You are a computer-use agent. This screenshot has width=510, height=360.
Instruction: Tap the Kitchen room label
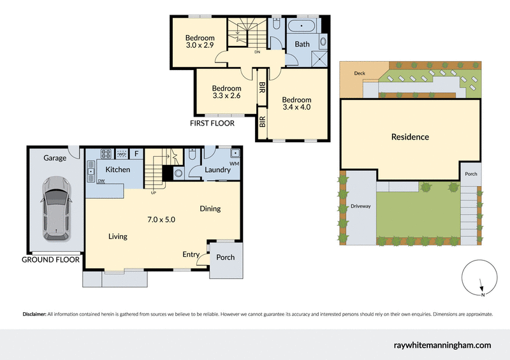[117, 169]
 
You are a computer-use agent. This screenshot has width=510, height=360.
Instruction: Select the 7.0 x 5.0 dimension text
[161, 220]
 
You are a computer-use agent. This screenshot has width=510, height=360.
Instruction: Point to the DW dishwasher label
[101, 182]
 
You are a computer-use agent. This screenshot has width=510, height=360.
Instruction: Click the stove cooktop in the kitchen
[105, 154]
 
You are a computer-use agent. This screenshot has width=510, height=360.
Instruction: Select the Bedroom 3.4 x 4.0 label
[296, 103]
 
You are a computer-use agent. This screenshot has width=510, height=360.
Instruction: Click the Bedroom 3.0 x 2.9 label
[200, 42]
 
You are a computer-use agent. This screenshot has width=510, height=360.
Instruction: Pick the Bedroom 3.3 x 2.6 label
[226, 92]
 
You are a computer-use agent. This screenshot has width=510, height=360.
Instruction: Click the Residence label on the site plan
[410, 137]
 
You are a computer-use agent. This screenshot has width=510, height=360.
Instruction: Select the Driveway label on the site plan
[360, 206]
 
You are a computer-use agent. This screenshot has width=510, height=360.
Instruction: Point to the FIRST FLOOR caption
[212, 123]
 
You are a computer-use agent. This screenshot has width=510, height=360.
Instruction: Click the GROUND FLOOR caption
[51, 260]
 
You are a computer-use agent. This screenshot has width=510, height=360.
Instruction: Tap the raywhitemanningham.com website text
[441, 345]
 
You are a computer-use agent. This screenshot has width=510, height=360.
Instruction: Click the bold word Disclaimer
[34, 314]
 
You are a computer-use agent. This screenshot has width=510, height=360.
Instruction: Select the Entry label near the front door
[191, 255]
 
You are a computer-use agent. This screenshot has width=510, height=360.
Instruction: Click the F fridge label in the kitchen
[136, 154]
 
